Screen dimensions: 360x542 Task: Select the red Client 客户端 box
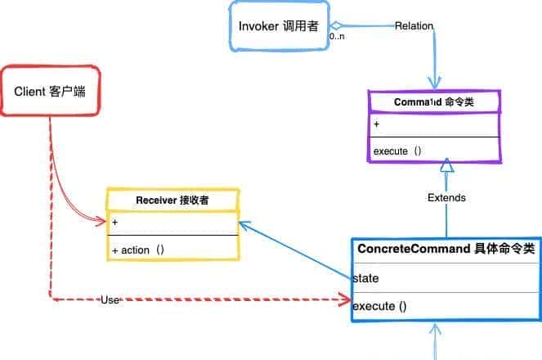pyautogui.click(x=50, y=90)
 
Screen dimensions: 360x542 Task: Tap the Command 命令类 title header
pyautogui.click(x=433, y=102)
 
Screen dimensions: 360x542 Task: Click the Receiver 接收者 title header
pyautogui.click(x=172, y=200)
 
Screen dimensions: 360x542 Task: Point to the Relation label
pyautogui.click(x=414, y=26)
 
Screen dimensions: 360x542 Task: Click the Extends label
pyautogui.click(x=446, y=197)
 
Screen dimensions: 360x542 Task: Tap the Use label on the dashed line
pyautogui.click(x=110, y=300)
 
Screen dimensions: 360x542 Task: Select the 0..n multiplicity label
pyautogui.click(x=336, y=37)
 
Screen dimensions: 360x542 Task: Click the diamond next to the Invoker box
pyautogui.click(x=334, y=25)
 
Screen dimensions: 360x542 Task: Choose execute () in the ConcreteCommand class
pyautogui.click(x=380, y=307)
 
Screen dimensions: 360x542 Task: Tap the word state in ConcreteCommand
pyautogui.click(x=365, y=278)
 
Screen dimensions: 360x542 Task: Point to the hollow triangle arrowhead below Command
pyautogui.click(x=446, y=164)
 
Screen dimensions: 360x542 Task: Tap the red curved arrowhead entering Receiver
pyautogui.click(x=102, y=220)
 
